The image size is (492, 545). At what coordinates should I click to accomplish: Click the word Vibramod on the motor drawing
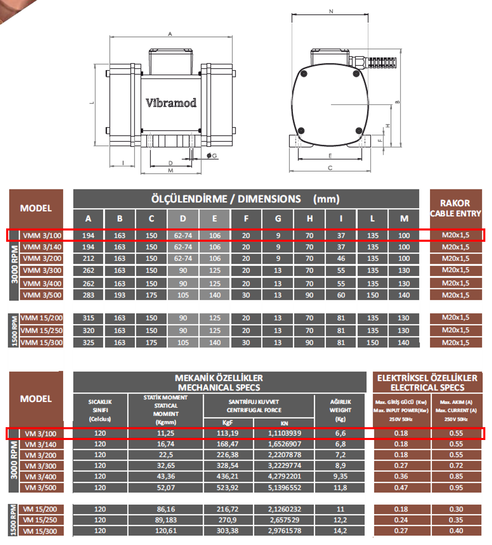pyautogui.click(x=171, y=102)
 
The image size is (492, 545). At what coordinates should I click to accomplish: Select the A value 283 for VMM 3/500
pyautogui.click(x=88, y=295)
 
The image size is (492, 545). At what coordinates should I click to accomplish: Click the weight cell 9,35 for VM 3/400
pyautogui.click(x=340, y=477)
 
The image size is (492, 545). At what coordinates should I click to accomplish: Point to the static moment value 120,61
pyautogui.click(x=166, y=531)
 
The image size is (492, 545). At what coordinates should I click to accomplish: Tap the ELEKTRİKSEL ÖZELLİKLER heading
pyautogui.click(x=427, y=383)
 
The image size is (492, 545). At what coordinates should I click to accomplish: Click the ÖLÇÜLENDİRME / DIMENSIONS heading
pyautogui.click(x=246, y=199)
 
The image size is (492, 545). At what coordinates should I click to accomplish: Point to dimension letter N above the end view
pyautogui.click(x=331, y=10)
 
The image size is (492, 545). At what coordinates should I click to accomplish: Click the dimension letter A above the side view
pyautogui.click(x=169, y=34)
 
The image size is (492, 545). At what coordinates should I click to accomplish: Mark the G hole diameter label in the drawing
pyautogui.click(x=213, y=155)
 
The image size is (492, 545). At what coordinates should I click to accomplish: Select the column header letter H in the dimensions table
pyautogui.click(x=309, y=219)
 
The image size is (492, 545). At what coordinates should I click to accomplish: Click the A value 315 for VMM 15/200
pyautogui.click(x=88, y=318)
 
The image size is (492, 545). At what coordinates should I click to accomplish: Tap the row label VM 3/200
pyautogui.click(x=42, y=455)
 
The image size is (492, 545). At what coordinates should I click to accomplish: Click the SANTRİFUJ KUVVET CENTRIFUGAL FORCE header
pyautogui.click(x=259, y=406)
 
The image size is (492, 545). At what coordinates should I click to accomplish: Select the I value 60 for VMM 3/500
pyautogui.click(x=341, y=295)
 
